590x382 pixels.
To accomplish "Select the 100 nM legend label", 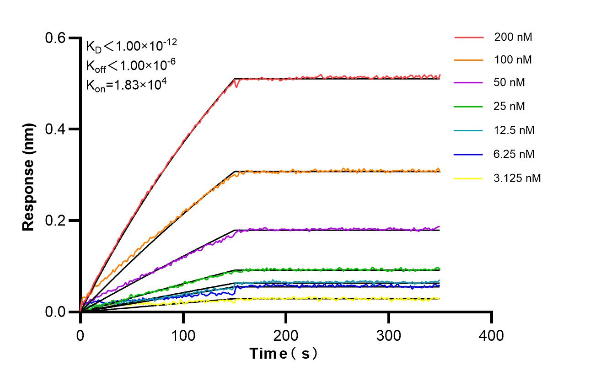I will point(513,59).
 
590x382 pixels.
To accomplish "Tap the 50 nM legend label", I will point(510,83).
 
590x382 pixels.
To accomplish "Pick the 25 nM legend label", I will point(510,107).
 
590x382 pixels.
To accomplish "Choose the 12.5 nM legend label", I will point(514,130).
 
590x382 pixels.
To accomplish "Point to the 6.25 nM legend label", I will point(514,154).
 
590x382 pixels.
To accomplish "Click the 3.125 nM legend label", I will point(517,178).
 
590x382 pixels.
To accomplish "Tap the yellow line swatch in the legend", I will point(469,178).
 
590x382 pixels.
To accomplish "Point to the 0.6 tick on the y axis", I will point(56,38).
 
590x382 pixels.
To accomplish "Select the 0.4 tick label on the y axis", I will point(56,129).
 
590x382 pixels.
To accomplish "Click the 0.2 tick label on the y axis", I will point(56,221).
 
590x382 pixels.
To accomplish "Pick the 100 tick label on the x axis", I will point(183,336).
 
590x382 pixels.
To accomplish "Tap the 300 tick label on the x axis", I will point(389,336).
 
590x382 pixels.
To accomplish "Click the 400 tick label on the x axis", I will point(492,336).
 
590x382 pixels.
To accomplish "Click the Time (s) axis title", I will point(284,354).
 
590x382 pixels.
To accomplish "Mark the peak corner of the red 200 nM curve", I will point(235,79).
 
